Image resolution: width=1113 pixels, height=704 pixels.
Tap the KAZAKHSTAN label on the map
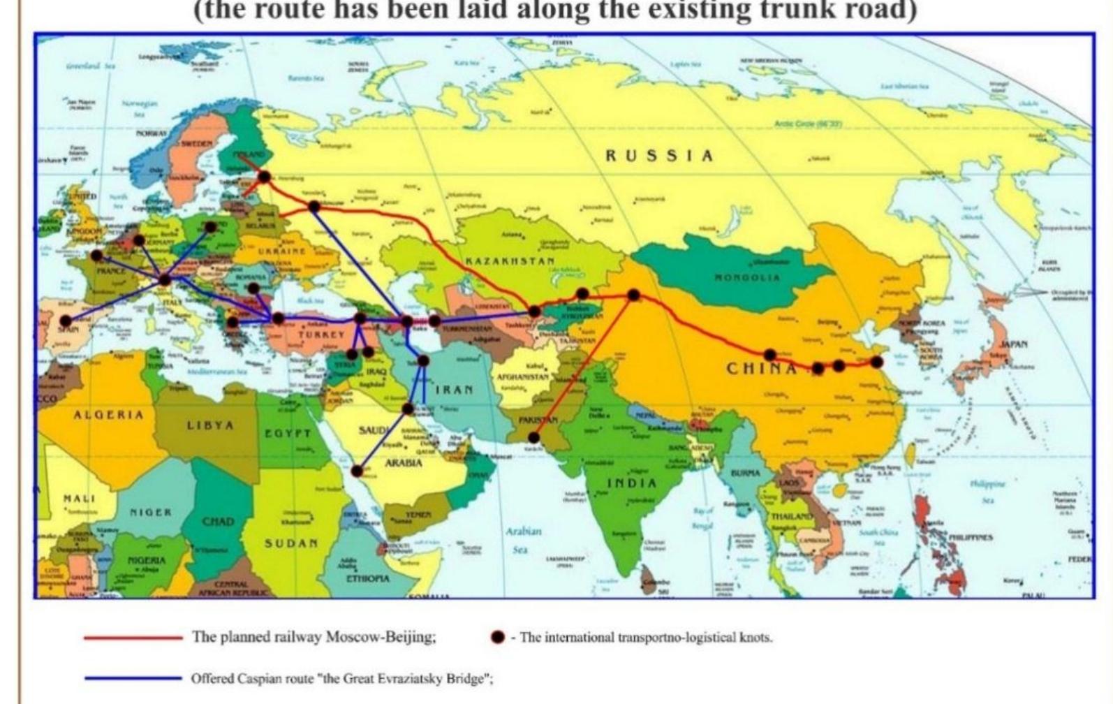click(510, 261)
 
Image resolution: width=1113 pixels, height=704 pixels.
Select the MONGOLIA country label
click(746, 277)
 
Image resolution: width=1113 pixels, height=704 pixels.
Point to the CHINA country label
click(761, 368)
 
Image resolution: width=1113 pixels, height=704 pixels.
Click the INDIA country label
click(631, 483)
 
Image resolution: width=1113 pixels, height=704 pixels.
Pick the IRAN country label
click(455, 389)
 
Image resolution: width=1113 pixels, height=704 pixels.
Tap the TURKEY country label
click(320, 335)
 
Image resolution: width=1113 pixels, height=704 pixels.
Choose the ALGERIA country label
click(109, 414)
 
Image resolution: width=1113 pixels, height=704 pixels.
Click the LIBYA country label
click(210, 425)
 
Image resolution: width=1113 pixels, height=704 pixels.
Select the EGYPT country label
click(287, 433)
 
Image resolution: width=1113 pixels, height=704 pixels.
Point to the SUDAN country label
click(291, 543)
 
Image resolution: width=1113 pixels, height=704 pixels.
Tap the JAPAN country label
click(1014, 344)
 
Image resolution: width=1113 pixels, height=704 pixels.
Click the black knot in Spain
click(66, 321)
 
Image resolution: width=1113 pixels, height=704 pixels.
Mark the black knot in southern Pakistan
click(534, 438)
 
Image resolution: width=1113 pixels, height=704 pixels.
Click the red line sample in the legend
click(133, 637)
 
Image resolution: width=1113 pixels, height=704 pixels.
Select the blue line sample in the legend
click(133, 677)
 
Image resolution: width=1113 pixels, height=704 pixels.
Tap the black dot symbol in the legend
click(497, 637)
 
